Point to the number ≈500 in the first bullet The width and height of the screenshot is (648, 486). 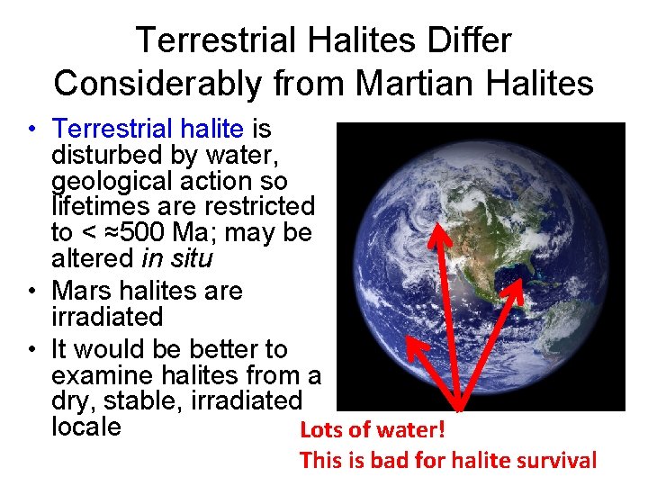coord(135,233)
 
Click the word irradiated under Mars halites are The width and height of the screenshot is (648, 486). coord(107,317)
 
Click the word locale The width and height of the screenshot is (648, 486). coord(86,426)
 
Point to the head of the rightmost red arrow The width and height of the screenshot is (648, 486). coord(521,283)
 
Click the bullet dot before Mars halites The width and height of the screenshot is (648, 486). coord(31,292)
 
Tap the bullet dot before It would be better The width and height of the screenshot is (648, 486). coord(31,349)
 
